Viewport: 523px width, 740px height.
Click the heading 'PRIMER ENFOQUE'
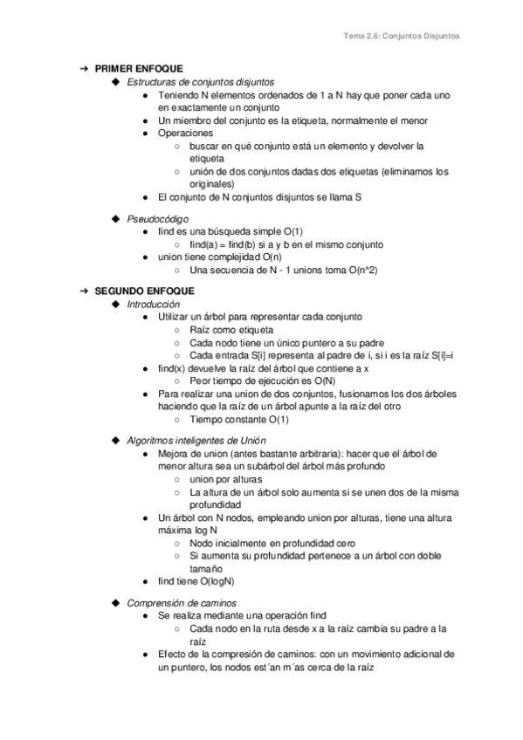click(135, 68)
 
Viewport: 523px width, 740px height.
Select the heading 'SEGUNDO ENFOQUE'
click(139, 291)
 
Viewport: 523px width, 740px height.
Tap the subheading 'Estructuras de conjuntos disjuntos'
click(200, 81)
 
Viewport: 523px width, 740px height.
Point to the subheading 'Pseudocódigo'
click(158, 218)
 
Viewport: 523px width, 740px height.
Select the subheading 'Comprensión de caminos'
click(182, 603)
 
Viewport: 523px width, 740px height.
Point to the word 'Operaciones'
click(185, 134)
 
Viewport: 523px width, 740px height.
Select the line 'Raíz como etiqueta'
click(231, 330)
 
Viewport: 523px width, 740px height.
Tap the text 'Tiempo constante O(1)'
click(239, 419)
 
